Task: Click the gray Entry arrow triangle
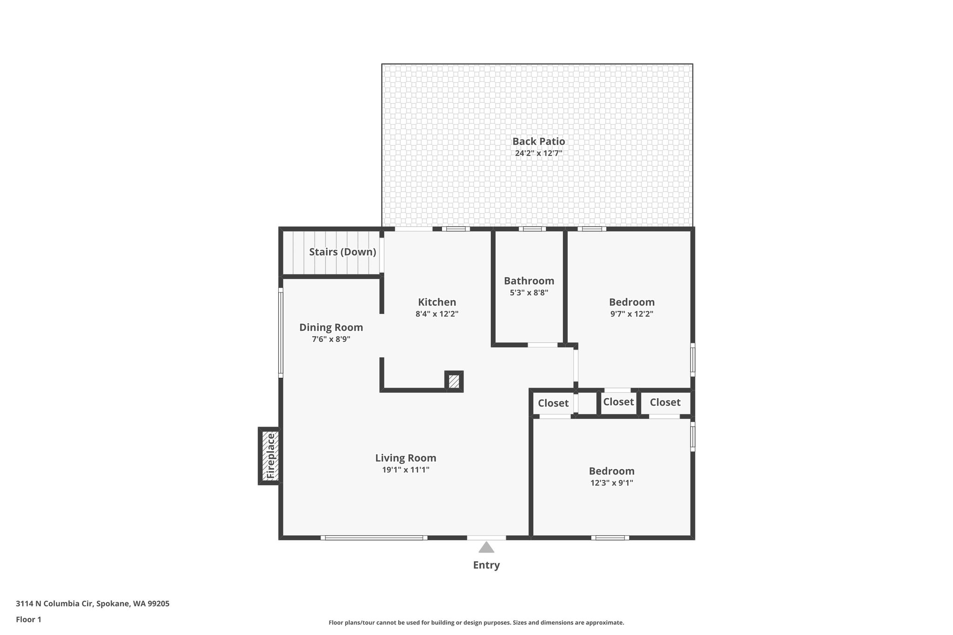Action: pos(486,547)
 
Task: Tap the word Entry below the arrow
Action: pos(486,565)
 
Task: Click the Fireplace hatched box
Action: pos(270,456)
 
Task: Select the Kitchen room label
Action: pos(437,302)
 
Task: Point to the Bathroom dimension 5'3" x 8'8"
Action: pos(529,293)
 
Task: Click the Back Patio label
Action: pos(539,141)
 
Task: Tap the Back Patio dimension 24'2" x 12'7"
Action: pos(539,153)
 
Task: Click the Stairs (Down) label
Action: pos(342,252)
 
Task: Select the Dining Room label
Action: pos(331,328)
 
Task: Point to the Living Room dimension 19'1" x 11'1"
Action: pos(406,470)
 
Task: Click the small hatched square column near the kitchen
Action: pos(454,381)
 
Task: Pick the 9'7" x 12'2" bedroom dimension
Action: pos(632,314)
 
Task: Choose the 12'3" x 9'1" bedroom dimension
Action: pos(612,483)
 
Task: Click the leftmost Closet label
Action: pos(553,403)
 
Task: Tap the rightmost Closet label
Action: pos(665,402)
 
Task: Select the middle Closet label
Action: pos(618,402)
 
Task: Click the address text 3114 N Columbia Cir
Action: pos(55,604)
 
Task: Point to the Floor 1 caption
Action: pos(28,620)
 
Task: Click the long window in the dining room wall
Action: pos(281,333)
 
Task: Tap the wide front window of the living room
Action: pos(374,538)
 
